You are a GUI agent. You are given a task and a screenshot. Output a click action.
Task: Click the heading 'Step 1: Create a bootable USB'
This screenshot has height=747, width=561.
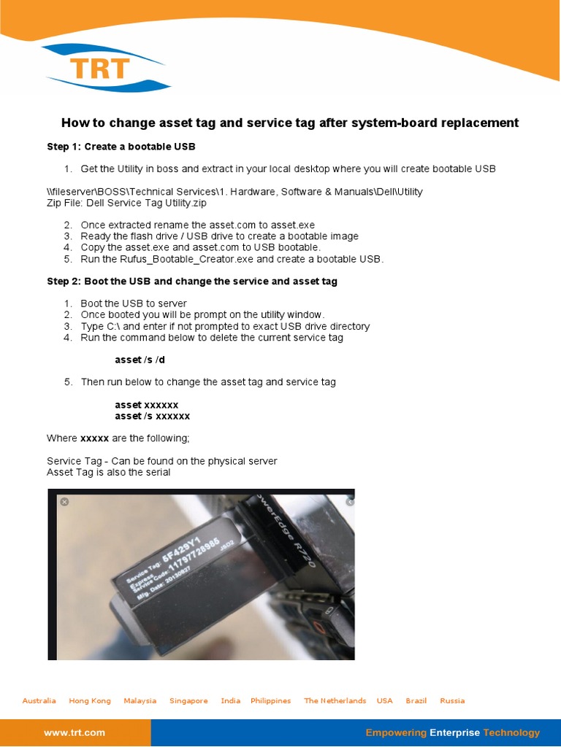121,147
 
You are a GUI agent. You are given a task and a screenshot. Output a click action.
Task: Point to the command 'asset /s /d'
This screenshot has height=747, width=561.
140,360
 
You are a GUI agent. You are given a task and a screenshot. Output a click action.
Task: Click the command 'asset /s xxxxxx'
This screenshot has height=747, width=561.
152,416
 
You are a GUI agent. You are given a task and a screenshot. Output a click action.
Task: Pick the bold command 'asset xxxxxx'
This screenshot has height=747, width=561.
146,405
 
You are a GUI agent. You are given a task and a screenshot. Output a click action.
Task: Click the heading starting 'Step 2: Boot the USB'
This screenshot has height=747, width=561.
192,281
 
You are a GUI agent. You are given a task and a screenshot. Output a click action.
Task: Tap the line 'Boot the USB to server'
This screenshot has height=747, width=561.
134,303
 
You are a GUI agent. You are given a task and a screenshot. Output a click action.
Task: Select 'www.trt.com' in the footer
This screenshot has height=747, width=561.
75,732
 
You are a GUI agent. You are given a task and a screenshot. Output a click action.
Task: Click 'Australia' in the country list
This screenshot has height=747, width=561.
39,701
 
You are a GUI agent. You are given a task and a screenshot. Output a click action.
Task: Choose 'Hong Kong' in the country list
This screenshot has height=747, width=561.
90,701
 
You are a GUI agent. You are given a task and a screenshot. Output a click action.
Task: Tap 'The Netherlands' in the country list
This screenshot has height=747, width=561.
335,701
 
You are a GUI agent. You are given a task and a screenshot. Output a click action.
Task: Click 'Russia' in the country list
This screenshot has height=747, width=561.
452,701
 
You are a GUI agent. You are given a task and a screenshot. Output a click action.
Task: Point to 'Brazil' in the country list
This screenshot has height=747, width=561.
416,701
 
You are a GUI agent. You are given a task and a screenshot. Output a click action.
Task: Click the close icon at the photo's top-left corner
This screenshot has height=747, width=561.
64,501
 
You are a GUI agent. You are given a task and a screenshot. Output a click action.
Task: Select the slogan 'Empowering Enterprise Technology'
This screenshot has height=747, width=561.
452,732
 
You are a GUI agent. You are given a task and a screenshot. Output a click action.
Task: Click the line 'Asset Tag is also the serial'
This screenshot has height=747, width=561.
108,472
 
